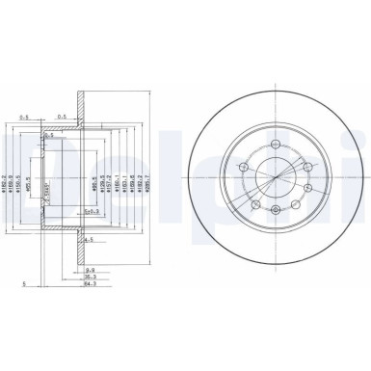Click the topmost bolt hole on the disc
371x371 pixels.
(x=276, y=146)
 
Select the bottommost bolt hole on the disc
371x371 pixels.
(x=276, y=209)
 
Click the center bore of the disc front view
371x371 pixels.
(x=276, y=177)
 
